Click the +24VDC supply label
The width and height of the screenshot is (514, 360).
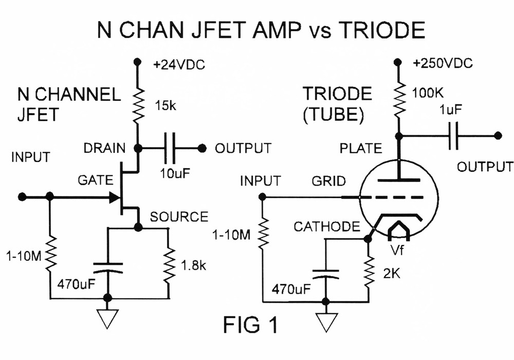point(177,65)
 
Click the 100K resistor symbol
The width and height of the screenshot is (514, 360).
point(397,101)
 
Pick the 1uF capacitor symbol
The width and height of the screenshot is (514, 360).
point(453,136)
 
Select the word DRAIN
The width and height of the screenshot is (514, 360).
point(105,149)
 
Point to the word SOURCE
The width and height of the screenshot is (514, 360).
point(179,217)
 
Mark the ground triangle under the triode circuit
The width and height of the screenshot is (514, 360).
point(325,320)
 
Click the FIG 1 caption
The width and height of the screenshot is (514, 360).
point(251,325)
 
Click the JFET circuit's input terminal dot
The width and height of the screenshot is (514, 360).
point(22,197)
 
